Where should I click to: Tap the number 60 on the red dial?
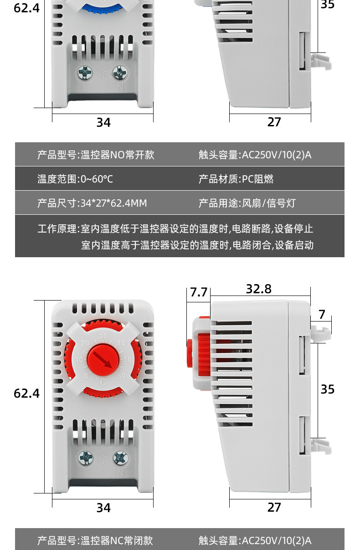click(x=121, y=376)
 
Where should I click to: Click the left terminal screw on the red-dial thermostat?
click(x=85, y=457)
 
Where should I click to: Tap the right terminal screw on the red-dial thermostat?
click(x=120, y=457)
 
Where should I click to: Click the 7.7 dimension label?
click(x=199, y=292)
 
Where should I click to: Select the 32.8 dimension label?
click(x=258, y=289)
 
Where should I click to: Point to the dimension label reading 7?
click(x=322, y=315)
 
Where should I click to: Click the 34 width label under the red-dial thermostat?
click(x=103, y=508)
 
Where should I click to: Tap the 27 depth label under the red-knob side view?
click(x=274, y=507)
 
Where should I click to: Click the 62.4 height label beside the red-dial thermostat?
click(x=27, y=393)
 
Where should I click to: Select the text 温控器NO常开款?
click(x=118, y=155)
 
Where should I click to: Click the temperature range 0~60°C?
click(x=97, y=179)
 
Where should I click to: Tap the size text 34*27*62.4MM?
click(x=113, y=203)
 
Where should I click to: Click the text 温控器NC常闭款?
click(x=117, y=541)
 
